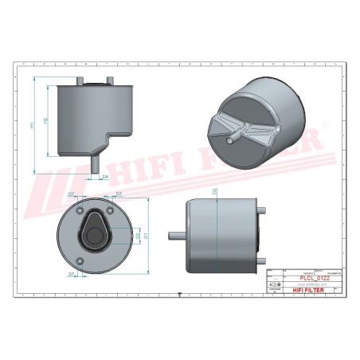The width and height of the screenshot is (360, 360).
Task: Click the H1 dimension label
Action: [x=32, y=125]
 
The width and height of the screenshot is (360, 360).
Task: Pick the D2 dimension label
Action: [x=215, y=191]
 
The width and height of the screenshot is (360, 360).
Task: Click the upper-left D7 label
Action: [x=71, y=194]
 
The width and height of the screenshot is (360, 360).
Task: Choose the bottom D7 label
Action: [x=71, y=273]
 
